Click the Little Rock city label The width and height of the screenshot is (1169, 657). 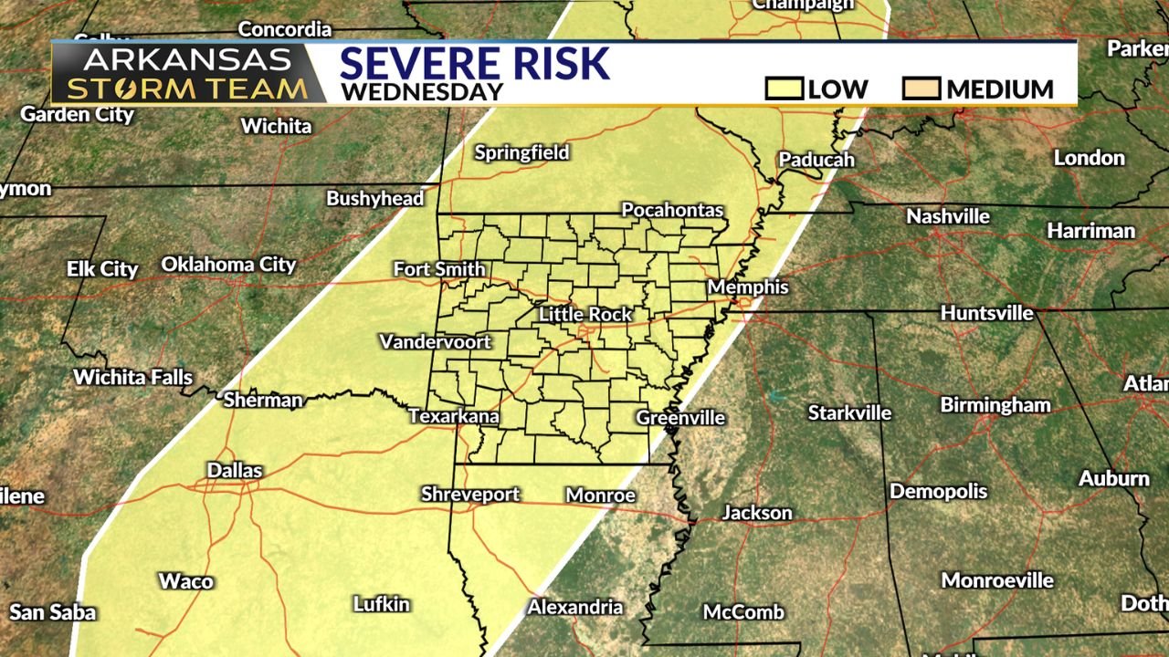pyautogui.click(x=585, y=315)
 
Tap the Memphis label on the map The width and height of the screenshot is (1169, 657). pyautogui.click(x=748, y=287)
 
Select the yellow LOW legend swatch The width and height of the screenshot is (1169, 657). pyautogui.click(x=785, y=89)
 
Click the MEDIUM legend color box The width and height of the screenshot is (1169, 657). pyautogui.click(x=921, y=89)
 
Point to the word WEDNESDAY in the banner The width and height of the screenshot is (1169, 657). pyautogui.click(x=422, y=92)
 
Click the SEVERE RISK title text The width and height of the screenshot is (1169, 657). pyautogui.click(x=474, y=64)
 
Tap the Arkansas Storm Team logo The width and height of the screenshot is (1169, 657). pyautogui.click(x=187, y=75)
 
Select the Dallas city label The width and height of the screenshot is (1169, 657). pyautogui.click(x=235, y=471)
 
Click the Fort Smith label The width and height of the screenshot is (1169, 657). pyautogui.click(x=439, y=269)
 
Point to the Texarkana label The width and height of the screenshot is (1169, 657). pyautogui.click(x=454, y=417)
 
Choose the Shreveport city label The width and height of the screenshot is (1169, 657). pyautogui.click(x=470, y=495)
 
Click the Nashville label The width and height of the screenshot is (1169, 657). pyautogui.click(x=948, y=216)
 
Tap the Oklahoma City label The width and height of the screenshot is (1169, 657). pyautogui.click(x=228, y=265)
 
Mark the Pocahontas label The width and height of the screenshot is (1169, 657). pyautogui.click(x=672, y=210)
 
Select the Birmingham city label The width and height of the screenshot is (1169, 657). pyautogui.click(x=995, y=405)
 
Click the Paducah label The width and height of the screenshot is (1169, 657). pyautogui.click(x=816, y=160)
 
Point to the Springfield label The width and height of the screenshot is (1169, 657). pyautogui.click(x=521, y=152)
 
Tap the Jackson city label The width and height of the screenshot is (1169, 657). pyautogui.click(x=757, y=513)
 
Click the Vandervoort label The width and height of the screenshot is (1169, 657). pyautogui.click(x=436, y=342)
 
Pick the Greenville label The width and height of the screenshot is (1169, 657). pyautogui.click(x=680, y=418)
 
